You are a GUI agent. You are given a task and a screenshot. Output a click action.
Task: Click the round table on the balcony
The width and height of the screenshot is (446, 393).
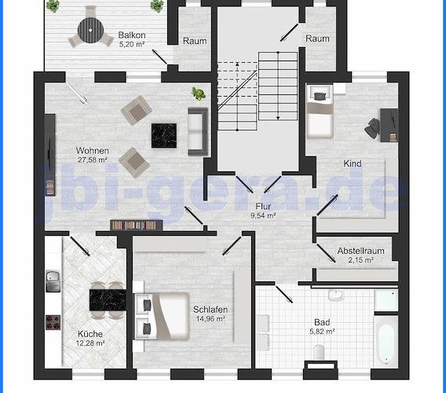pyautogui.click(x=90, y=31)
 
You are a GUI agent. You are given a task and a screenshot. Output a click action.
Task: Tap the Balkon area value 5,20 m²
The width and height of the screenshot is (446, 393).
pyautogui.click(x=132, y=45)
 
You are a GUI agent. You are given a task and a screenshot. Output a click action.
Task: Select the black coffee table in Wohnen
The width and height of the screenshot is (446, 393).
pyautogui.click(x=164, y=135)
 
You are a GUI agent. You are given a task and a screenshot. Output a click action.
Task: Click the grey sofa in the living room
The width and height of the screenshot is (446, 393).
pyautogui.click(x=198, y=131)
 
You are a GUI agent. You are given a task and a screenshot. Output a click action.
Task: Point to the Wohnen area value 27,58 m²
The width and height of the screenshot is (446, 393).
pyautogui.click(x=93, y=160)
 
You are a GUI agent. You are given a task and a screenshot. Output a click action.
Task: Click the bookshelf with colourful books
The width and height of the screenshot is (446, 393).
pyautogui.click(x=137, y=225)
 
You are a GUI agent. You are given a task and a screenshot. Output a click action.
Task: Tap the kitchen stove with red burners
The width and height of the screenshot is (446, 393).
pyautogui.click(x=53, y=322)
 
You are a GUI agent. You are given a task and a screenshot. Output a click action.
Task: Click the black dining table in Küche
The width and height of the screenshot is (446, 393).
pyautogui.click(x=108, y=300)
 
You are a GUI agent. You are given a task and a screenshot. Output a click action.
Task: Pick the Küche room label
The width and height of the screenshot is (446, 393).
pyautogui.click(x=90, y=334)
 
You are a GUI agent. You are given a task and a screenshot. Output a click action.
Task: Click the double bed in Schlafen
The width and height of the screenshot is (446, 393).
pyautogui.click(x=162, y=316)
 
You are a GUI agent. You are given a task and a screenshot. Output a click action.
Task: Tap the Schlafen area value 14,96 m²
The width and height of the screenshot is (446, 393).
pyautogui.click(x=210, y=318)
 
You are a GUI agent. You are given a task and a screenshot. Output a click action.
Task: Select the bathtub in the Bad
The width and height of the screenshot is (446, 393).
pyautogui.click(x=386, y=341)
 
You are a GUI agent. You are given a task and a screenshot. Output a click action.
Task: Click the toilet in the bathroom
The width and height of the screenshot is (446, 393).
pyautogui.click(x=319, y=352)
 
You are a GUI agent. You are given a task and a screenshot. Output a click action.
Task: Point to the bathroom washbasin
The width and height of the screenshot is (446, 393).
pyautogui.click(x=336, y=296)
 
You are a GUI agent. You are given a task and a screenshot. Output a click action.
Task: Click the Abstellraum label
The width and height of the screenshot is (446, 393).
pyautogui.click(x=360, y=251)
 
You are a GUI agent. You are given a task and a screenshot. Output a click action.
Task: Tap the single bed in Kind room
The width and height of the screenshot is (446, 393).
pyautogui.click(x=320, y=112)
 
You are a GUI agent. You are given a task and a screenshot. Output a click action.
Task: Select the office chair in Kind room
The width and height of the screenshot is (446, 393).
pyautogui.click(x=372, y=129)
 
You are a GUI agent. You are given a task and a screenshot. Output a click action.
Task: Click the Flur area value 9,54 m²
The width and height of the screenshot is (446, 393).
pyautogui.click(x=263, y=215)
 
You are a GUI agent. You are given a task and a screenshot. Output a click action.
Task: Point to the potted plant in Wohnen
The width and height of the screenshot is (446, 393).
pyautogui.click(x=198, y=94)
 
